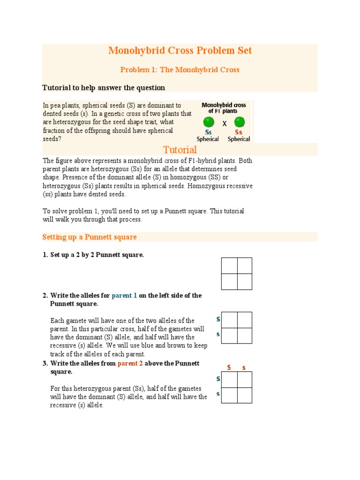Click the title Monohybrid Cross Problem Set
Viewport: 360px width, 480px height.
[x=180, y=51]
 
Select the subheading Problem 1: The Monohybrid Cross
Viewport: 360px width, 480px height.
[x=180, y=70]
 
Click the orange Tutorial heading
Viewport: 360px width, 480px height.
[x=180, y=150]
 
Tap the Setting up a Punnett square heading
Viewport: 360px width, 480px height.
[x=90, y=237]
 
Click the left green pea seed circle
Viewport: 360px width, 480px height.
[x=209, y=122]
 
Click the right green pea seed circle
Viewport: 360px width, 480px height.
[x=239, y=122]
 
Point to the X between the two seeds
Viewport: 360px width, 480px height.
[x=224, y=124]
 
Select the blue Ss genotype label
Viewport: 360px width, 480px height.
[x=208, y=133]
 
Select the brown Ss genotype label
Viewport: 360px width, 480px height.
[x=239, y=133]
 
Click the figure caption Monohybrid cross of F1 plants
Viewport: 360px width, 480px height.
[x=224, y=108]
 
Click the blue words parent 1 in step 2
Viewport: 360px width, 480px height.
[x=124, y=296]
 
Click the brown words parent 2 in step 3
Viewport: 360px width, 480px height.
[x=130, y=364]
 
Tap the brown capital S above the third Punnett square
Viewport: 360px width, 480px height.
[x=229, y=367]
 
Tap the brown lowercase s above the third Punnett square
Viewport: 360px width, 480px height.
[x=244, y=367]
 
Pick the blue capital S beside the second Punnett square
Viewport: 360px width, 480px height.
[x=218, y=319]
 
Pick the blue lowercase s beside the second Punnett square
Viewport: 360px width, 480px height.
[x=218, y=334]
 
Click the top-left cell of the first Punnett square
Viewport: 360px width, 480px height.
[x=229, y=266]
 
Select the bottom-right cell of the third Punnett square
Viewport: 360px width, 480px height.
[x=244, y=395]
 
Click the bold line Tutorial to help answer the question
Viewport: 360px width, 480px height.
[x=104, y=88]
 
